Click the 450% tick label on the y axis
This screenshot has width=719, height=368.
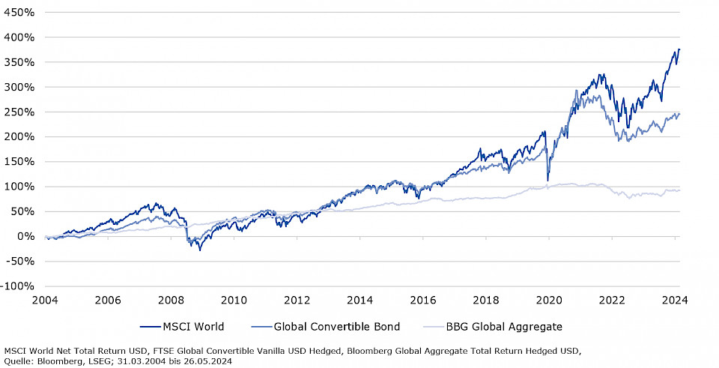coord(19,12)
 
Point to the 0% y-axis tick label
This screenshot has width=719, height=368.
coord(25,236)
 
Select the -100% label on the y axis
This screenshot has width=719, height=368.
coord(18,286)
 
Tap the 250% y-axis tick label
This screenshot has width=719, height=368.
coord(19,112)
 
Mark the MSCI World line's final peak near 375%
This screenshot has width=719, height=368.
coord(679,49)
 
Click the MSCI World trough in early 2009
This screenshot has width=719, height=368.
coord(200,250)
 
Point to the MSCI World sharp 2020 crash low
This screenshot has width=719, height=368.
coord(548,181)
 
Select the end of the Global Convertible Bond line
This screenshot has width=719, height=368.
coord(679,114)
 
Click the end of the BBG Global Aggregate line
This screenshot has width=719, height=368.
coord(679,190)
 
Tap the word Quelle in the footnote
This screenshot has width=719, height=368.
coord(19,361)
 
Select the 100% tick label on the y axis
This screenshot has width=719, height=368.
coord(19,187)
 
